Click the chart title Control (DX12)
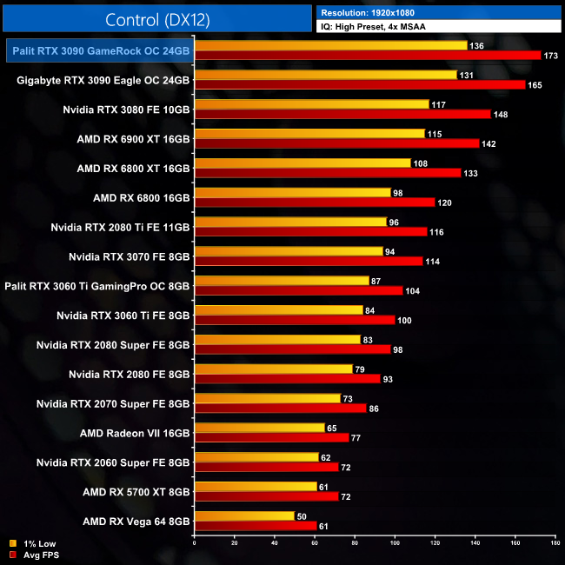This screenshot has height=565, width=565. point(156,19)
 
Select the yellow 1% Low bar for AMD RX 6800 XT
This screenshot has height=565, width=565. point(302,163)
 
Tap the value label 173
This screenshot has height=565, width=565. point(550,56)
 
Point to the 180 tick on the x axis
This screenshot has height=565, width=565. point(555,542)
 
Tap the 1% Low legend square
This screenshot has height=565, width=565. point(12,543)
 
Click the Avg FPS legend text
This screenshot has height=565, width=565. point(42,554)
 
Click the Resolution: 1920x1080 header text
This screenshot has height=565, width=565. point(371,13)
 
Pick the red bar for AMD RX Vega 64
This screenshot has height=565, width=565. point(256,525)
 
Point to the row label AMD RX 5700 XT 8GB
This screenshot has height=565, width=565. point(134,492)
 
